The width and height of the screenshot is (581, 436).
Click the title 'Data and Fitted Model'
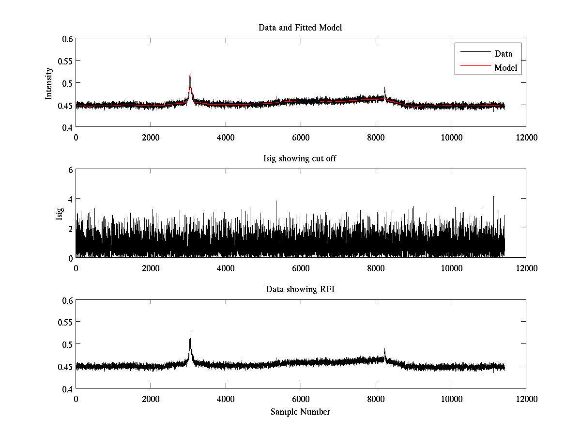click(x=300, y=28)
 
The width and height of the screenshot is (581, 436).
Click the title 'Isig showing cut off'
click(x=300, y=158)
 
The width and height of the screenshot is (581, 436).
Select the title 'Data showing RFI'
click(x=300, y=289)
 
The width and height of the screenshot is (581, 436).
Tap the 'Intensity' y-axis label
click(x=48, y=83)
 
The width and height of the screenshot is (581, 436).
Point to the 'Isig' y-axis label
click(x=59, y=214)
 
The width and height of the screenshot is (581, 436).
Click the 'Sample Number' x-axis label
click(x=300, y=412)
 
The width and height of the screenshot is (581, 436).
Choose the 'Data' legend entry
click(x=504, y=54)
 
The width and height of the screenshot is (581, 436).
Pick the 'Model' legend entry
click(x=506, y=68)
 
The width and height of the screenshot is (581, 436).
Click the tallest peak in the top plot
click(x=190, y=73)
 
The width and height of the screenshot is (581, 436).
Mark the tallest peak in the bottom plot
click(x=190, y=334)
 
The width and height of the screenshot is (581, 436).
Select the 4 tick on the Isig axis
click(x=70, y=199)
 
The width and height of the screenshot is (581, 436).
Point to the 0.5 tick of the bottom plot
click(x=67, y=344)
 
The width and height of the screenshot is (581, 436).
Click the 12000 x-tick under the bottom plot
click(x=526, y=398)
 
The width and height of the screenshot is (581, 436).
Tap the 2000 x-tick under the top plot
click(x=151, y=137)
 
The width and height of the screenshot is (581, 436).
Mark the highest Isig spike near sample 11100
click(x=493, y=197)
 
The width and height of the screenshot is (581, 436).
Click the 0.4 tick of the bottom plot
click(x=67, y=389)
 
